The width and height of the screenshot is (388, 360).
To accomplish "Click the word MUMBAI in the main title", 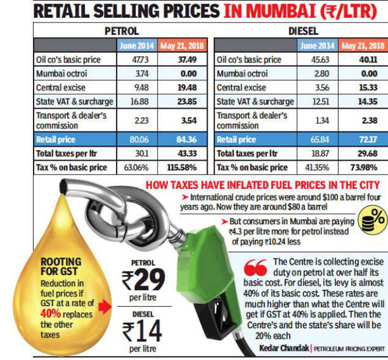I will point(273,12).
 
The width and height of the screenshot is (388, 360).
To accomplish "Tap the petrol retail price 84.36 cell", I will point(183,139).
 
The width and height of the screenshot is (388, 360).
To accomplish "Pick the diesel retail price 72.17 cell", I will point(364,139).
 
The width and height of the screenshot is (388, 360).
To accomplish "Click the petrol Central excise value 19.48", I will point(183,87).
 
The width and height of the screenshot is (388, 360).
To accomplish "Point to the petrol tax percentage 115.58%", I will point(183,167).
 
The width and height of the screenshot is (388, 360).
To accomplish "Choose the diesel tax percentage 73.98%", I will point(364,167).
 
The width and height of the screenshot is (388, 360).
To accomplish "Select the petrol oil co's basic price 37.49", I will point(183,60).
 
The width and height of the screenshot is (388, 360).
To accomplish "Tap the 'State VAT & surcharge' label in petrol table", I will point(74,101).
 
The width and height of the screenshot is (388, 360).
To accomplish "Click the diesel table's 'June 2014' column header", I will point(318,46).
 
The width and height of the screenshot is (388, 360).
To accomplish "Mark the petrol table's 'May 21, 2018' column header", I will point(183,46).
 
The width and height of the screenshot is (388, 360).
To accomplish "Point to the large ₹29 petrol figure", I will point(143,281).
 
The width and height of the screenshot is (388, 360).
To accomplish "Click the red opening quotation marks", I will point(255,268).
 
